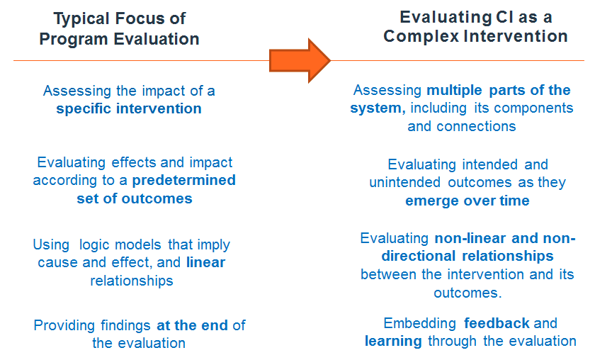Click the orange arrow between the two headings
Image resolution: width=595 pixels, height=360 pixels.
pos(300,61)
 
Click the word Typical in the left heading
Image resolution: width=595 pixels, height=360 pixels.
pos(81,18)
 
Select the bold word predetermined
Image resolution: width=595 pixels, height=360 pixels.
pos(183,181)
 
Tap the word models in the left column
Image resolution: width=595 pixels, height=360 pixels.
pos(138,244)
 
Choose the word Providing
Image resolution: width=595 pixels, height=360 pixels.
pos(64,326)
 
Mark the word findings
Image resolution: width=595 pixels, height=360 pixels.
pos(125,326)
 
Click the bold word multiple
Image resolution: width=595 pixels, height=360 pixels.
pos(454,91)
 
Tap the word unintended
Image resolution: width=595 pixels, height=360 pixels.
pos(405,183)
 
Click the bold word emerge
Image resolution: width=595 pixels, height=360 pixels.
pos(429,201)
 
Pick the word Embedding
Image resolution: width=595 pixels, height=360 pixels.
pos(419,324)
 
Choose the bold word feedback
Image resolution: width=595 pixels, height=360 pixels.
pos(497,324)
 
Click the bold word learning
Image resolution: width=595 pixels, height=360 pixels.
pos(394,342)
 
